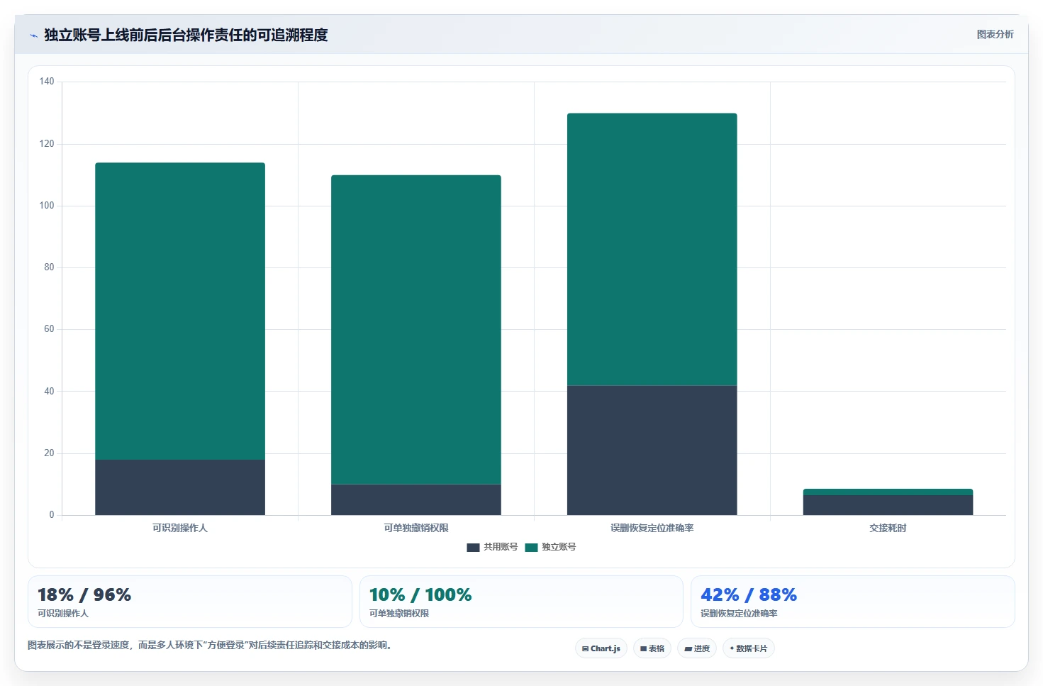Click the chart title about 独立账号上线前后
pyautogui.click(x=186, y=35)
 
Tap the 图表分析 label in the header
pyautogui.click(x=995, y=35)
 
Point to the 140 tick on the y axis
pyautogui.click(x=47, y=82)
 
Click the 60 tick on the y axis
pyautogui.click(x=49, y=329)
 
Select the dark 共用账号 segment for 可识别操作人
pyautogui.click(x=180, y=487)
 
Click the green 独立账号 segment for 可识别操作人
pyautogui.click(x=180, y=311)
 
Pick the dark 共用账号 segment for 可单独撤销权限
pyautogui.click(x=415, y=499)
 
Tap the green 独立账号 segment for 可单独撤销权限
pyautogui.click(x=415, y=330)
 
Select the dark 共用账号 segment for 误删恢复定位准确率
pyautogui.click(x=652, y=450)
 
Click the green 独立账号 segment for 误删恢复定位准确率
pyautogui.click(x=652, y=249)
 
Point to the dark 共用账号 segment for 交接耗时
pyautogui.click(x=888, y=505)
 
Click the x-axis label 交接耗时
pyautogui.click(x=888, y=528)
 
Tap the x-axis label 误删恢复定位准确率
pyautogui.click(x=652, y=528)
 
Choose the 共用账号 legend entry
pyautogui.click(x=492, y=547)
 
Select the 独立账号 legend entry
pyautogui.click(x=550, y=547)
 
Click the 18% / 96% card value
pyautogui.click(x=84, y=594)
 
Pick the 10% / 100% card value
pyautogui.click(x=420, y=594)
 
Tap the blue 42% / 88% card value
pyautogui.click(x=749, y=594)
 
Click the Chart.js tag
pyautogui.click(x=601, y=648)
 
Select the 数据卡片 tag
pyautogui.click(x=748, y=648)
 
